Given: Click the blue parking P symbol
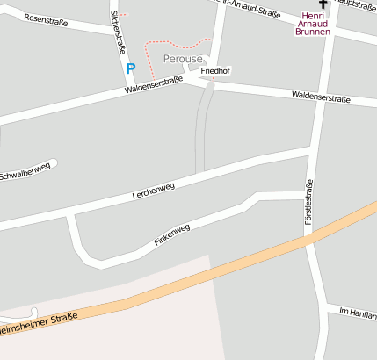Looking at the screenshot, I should click(x=131, y=68).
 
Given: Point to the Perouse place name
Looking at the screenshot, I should click(x=182, y=58).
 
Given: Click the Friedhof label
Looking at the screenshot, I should click(x=215, y=69).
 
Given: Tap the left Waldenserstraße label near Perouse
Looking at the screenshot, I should click(x=153, y=85).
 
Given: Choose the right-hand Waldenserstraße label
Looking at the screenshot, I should click(x=321, y=97).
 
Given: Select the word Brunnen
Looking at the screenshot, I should click(x=314, y=32).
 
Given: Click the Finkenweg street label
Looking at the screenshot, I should click(x=171, y=234).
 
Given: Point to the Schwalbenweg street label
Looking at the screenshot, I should click(x=25, y=173).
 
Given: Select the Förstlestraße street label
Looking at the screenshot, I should click(x=308, y=202).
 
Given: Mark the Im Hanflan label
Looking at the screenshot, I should click(x=358, y=313).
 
